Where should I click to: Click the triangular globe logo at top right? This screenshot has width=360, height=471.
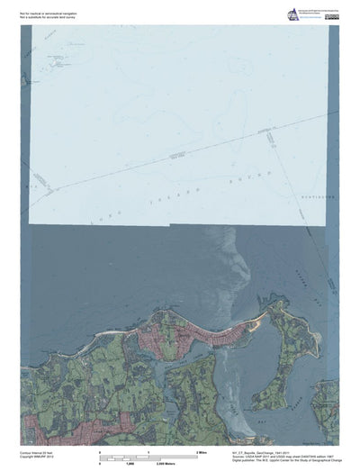[292, 14]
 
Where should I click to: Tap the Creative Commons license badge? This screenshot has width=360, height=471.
[333, 17]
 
